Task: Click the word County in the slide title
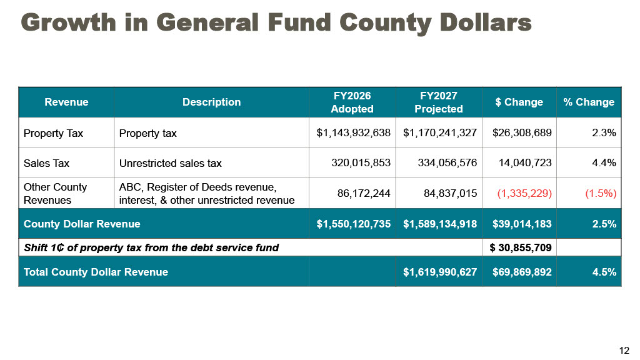pyautogui.click(x=385, y=23)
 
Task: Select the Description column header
pyautogui.click(x=211, y=102)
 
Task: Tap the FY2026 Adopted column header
pyautogui.click(x=352, y=102)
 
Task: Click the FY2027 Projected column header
pyautogui.click(x=439, y=102)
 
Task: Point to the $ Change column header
pyautogui.click(x=519, y=102)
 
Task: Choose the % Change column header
pyautogui.click(x=589, y=102)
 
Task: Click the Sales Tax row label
pyautogui.click(x=46, y=163)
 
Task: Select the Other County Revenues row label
pyautogui.click(x=56, y=194)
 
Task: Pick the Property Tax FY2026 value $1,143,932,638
pyautogui.click(x=354, y=132)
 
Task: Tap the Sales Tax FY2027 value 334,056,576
pyautogui.click(x=447, y=163)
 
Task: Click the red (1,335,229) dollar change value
pyautogui.click(x=524, y=193)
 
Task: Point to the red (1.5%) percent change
pyautogui.click(x=601, y=193)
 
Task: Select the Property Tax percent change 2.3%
pyautogui.click(x=604, y=132)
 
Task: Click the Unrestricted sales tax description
pyautogui.click(x=170, y=163)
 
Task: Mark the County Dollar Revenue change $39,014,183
pyautogui.click(x=522, y=224)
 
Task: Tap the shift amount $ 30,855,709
pyautogui.click(x=521, y=247)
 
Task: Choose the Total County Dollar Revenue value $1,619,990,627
pyautogui.click(x=440, y=272)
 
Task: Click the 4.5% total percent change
pyautogui.click(x=604, y=272)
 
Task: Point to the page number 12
pyautogui.click(x=624, y=350)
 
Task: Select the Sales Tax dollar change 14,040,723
pyautogui.click(x=525, y=163)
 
